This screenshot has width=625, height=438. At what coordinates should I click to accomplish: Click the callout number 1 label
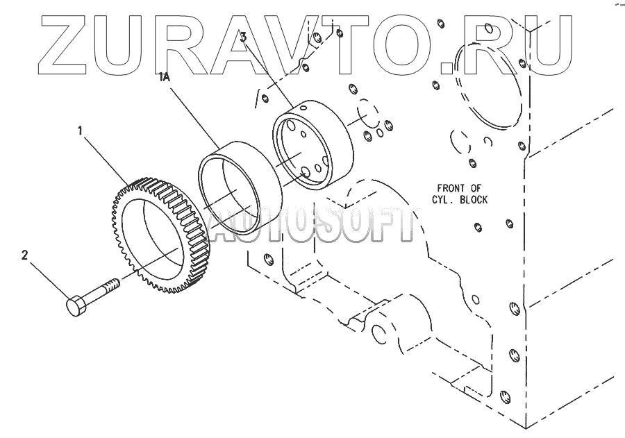click(82, 130)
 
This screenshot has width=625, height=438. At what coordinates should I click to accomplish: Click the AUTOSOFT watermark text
click(312, 226)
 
